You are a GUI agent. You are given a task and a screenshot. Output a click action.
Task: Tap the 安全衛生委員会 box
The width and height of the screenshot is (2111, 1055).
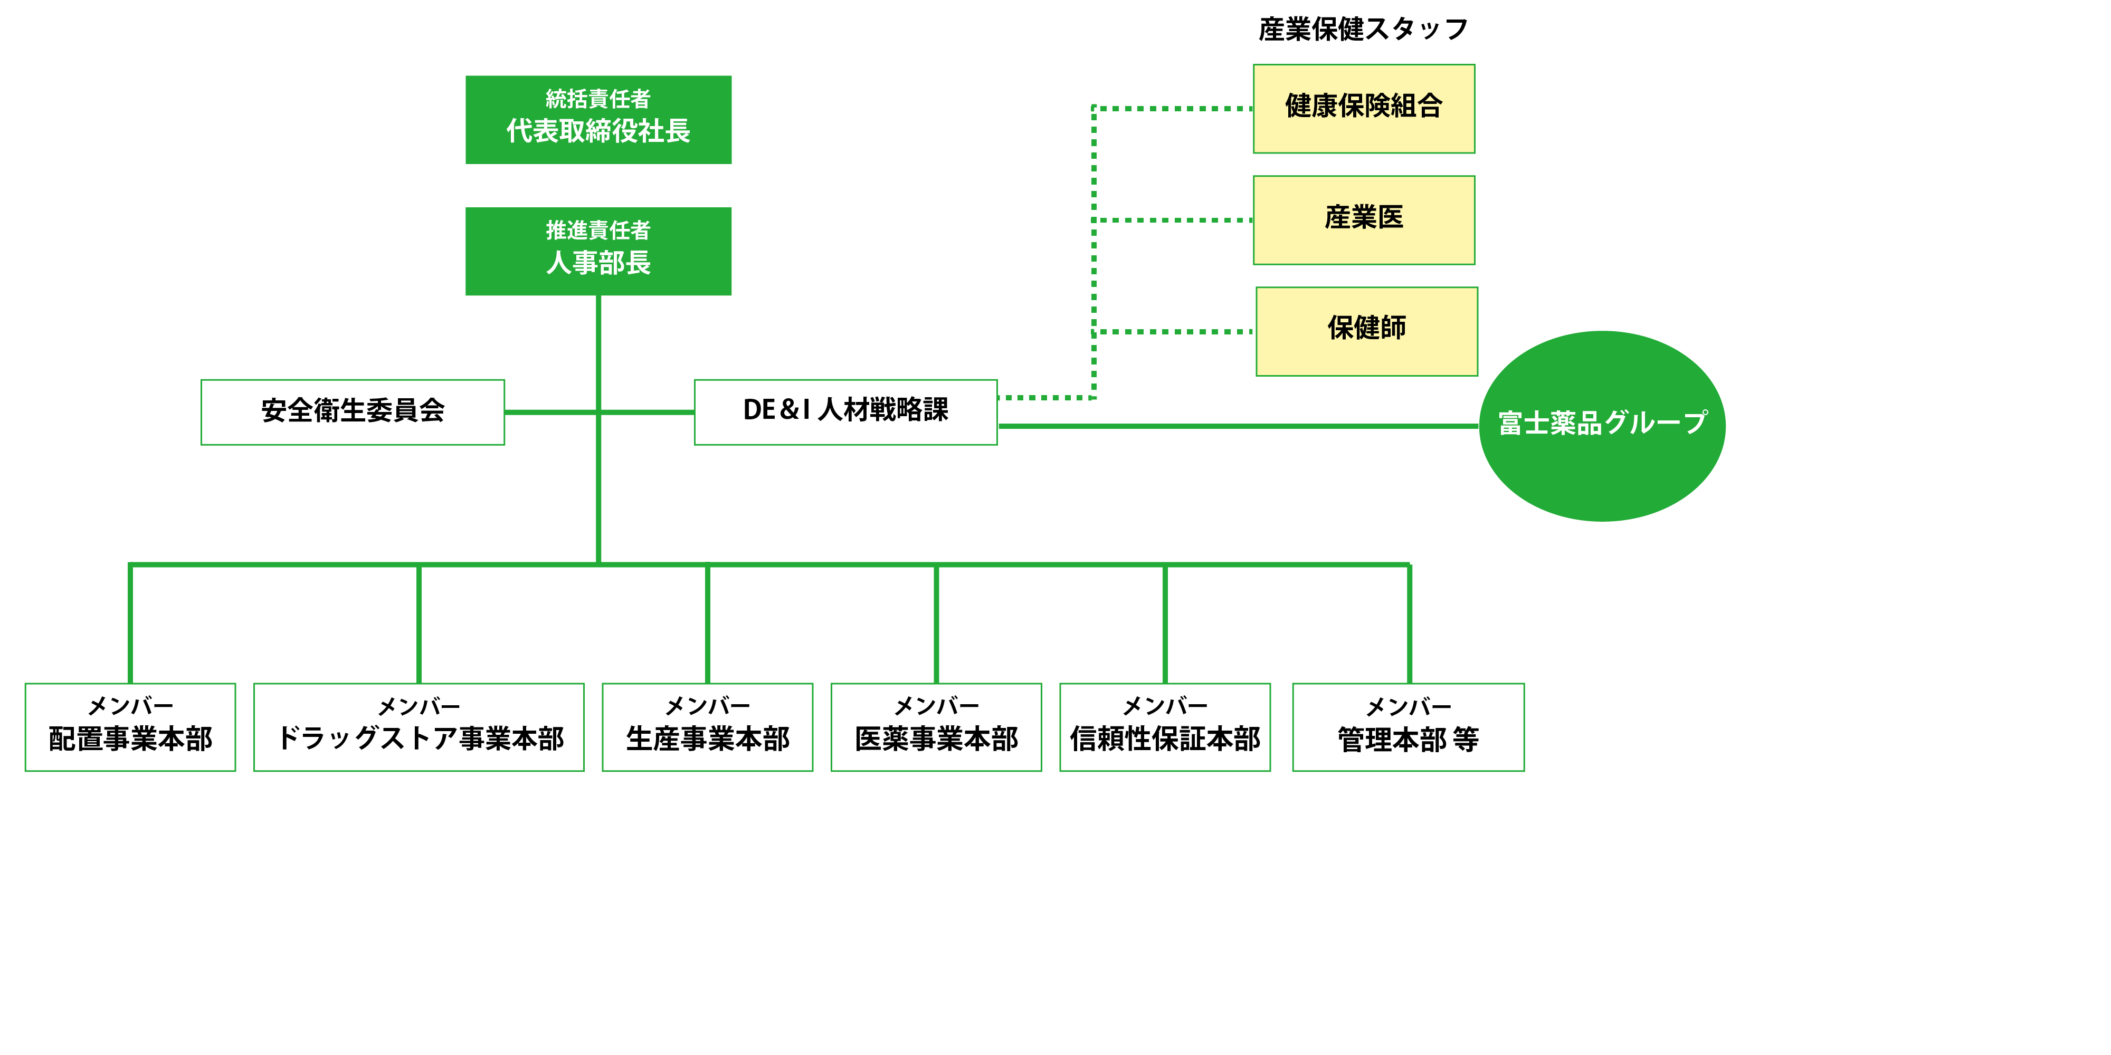353,412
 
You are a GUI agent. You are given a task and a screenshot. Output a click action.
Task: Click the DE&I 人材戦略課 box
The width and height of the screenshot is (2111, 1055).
845,412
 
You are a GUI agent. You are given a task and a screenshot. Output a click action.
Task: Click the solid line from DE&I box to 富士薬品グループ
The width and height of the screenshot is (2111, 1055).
1238,426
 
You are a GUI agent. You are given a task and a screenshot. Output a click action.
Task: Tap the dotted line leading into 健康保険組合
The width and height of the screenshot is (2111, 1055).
1172,108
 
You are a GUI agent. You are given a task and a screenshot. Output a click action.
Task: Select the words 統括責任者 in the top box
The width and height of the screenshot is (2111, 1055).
598,99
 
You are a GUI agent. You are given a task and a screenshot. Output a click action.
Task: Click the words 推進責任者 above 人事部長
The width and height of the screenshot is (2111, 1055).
598,230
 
